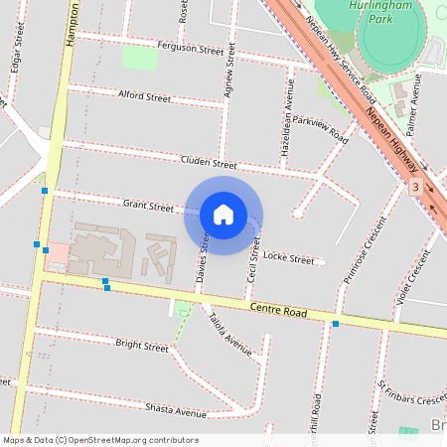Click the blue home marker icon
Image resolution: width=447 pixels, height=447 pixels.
(223, 215)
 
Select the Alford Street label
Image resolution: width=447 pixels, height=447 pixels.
(145, 97)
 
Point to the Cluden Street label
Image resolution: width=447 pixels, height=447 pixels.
(209, 163)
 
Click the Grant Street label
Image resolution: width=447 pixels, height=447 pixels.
(148, 206)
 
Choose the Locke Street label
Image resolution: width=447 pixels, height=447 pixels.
(289, 258)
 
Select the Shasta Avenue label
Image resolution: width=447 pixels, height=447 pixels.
(176, 411)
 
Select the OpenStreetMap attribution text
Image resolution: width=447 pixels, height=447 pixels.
(100, 440)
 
